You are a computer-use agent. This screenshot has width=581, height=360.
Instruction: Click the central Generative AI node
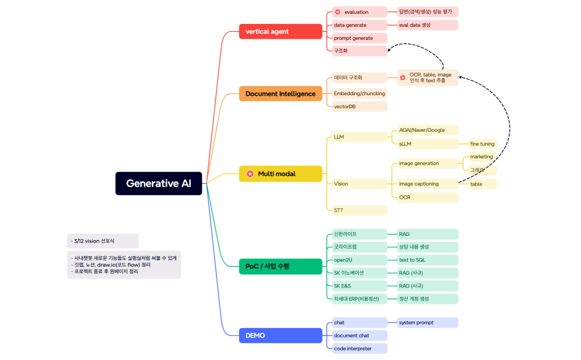[158, 183]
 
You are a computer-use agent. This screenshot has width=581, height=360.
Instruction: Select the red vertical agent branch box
[280, 32]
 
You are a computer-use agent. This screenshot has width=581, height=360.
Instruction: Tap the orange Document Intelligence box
[280, 94]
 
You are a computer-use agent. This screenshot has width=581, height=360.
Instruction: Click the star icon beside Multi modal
[250, 174]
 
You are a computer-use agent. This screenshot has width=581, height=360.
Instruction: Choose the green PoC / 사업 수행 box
[280, 266]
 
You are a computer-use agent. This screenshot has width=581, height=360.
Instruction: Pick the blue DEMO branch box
[280, 335]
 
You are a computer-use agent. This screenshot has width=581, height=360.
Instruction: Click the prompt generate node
[359, 38]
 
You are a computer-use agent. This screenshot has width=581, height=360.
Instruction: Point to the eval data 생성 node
[428, 25]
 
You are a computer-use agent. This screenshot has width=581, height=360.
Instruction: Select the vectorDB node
[359, 106]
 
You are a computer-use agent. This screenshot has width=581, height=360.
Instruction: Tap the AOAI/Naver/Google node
[428, 130]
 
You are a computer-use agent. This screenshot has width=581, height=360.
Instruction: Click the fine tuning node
[482, 144]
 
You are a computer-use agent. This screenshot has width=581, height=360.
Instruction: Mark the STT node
[359, 210]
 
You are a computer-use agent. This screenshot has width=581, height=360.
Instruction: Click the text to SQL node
[428, 260]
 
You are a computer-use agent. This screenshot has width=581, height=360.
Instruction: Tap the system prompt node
[428, 322]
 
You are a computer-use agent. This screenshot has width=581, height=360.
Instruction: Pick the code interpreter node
[359, 348]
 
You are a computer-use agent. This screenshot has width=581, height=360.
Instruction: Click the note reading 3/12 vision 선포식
[102, 241]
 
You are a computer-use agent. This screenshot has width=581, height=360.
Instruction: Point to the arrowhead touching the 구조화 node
[389, 50]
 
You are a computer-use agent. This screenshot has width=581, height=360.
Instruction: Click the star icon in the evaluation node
[338, 12]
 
